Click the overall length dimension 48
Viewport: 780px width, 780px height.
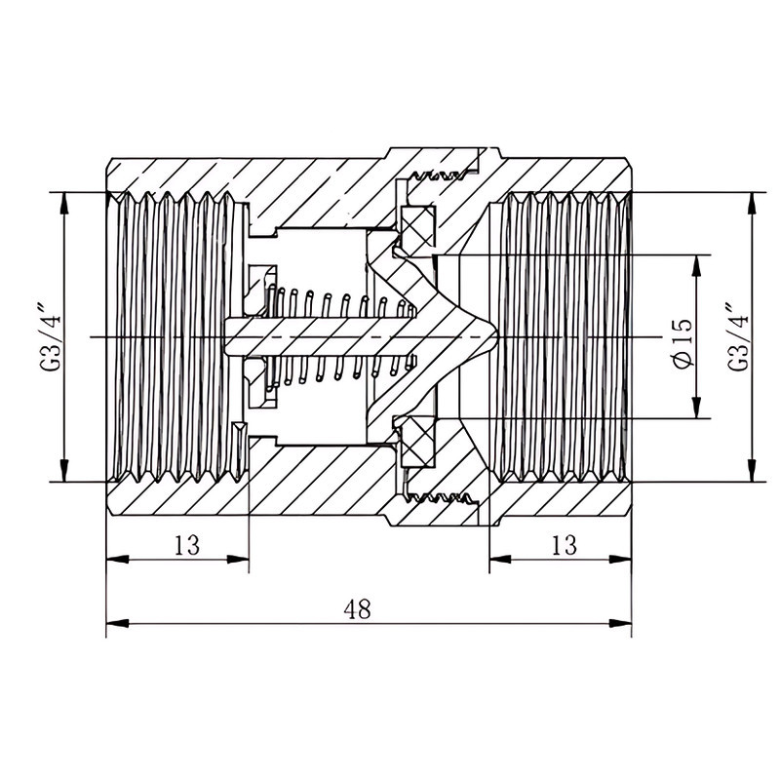click(357, 608)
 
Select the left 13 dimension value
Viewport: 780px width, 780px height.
click(187, 545)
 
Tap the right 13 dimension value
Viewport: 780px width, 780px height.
click(565, 545)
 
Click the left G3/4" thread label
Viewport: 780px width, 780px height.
click(50, 341)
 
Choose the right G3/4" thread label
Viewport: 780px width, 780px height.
click(738, 335)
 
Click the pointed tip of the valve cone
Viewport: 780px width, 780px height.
click(496, 336)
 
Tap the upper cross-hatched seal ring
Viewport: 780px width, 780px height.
click(418, 226)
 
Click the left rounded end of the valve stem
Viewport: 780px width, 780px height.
click(227, 336)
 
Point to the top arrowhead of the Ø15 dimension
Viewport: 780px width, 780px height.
click(696, 266)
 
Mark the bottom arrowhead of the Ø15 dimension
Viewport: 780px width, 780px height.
click(696, 408)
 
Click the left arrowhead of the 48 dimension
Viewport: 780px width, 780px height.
click(117, 623)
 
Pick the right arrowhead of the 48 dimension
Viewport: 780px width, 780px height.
click(621, 623)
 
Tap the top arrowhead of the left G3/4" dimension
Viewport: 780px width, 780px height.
click(63, 203)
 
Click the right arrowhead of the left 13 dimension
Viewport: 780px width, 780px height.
click(238, 559)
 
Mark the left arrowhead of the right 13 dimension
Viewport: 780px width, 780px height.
click(500, 559)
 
